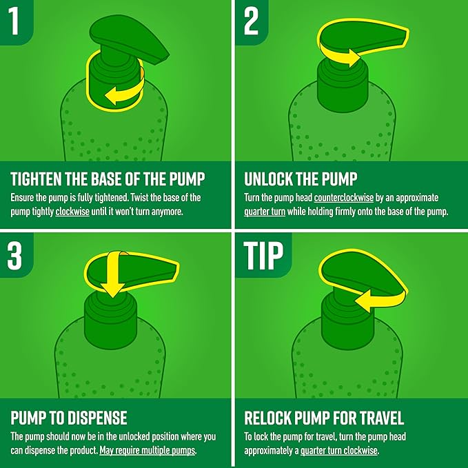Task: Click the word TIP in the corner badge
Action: (x=263, y=255)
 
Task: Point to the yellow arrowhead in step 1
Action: (x=111, y=96)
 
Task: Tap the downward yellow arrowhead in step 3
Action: (x=112, y=289)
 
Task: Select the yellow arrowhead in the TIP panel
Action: (x=363, y=301)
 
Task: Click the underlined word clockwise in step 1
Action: (x=72, y=212)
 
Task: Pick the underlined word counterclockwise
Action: (x=343, y=198)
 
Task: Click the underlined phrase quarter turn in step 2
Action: (x=265, y=212)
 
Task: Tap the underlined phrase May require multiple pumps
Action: (x=147, y=450)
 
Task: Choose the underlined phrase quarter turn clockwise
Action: (x=338, y=451)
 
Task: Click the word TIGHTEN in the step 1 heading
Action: (x=36, y=179)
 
